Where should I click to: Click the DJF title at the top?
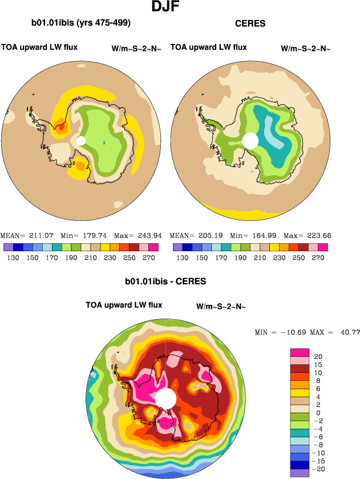click(x=168, y=7)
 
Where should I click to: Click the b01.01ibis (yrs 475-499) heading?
click(x=81, y=23)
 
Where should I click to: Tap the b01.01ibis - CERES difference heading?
click(x=165, y=281)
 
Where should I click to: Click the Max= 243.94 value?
click(x=137, y=235)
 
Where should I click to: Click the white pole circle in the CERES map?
click(x=250, y=140)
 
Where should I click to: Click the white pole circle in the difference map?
click(x=166, y=398)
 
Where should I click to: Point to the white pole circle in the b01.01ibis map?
click(x=81, y=140)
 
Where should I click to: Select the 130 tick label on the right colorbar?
click(x=182, y=257)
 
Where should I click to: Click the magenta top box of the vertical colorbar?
click(x=298, y=352)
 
